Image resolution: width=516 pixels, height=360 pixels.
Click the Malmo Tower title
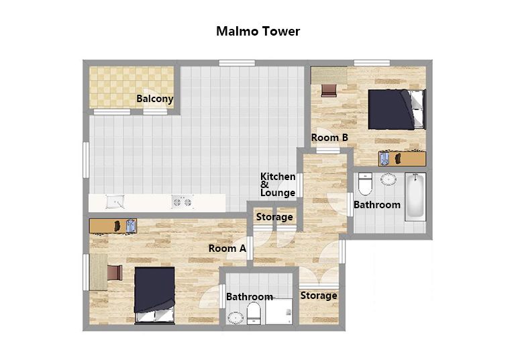[x=258, y=32]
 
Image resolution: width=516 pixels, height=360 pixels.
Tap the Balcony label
[x=155, y=99]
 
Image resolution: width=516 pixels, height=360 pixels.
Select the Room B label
[x=329, y=137]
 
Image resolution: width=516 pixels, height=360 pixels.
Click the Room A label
[x=227, y=249]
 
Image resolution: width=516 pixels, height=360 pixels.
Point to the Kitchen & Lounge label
[x=278, y=185]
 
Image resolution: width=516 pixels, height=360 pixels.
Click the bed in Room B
[x=397, y=109]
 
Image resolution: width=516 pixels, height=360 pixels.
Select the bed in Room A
[x=154, y=295]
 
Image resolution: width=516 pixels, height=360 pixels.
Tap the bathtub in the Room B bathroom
[x=415, y=196]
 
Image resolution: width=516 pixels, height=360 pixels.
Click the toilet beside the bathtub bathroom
[x=365, y=184]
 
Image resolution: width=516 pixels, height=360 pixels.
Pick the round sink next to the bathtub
[x=389, y=179]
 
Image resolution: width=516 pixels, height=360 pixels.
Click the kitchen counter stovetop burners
[x=183, y=202]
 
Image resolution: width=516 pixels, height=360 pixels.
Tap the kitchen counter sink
[x=115, y=201]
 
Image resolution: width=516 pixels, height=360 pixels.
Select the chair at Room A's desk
[x=115, y=273]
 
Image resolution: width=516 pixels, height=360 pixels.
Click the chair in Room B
[x=329, y=90]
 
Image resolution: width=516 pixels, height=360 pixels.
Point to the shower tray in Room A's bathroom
[x=278, y=311]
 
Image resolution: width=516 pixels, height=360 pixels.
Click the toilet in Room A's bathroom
[x=254, y=314]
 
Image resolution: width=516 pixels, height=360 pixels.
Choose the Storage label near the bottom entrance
[x=319, y=296]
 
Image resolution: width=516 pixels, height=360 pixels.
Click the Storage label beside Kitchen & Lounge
[x=274, y=217]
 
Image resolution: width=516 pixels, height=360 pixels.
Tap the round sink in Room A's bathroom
[x=236, y=318]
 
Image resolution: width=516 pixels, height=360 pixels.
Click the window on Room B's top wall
[x=372, y=63]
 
